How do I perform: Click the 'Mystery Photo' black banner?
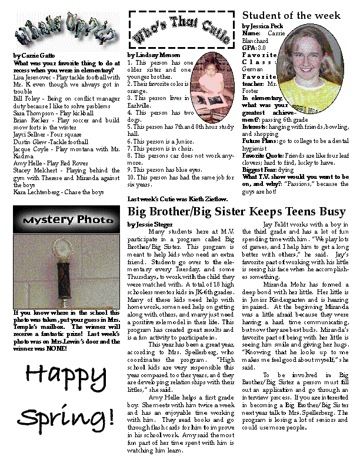(62, 223)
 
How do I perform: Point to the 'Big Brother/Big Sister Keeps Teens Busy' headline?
(236, 211)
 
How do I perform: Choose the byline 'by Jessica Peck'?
(262, 26)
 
